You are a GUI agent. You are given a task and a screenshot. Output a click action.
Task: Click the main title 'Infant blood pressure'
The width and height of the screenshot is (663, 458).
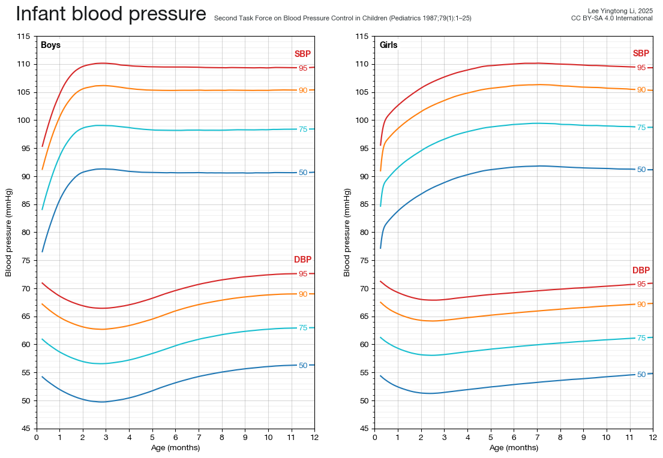(111, 14)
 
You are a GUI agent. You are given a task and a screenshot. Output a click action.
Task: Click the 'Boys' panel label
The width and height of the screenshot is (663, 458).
(50, 45)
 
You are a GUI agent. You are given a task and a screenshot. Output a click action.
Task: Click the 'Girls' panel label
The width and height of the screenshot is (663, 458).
(388, 45)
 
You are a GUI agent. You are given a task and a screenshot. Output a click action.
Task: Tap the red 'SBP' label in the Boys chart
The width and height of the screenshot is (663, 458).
(302, 54)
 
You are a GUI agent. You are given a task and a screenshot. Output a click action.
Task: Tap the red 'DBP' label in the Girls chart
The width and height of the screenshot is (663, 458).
(641, 270)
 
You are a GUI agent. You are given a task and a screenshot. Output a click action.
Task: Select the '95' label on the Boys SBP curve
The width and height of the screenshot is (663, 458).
(303, 68)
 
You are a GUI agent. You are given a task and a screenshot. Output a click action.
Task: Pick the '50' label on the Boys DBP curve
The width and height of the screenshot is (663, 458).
(303, 365)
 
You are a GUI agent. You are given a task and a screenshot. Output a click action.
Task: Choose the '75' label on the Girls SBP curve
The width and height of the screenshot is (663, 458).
(641, 128)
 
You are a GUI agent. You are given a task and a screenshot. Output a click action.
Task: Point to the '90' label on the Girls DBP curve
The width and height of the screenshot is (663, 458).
(641, 305)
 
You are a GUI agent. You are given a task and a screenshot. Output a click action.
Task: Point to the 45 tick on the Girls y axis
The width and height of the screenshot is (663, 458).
(365, 429)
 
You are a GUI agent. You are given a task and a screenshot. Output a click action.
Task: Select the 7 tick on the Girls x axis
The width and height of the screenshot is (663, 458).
(537, 438)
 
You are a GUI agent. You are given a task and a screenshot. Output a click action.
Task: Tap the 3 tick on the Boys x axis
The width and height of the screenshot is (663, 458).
(106, 438)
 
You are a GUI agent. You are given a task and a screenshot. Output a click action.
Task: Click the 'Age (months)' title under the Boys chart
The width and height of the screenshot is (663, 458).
(175, 448)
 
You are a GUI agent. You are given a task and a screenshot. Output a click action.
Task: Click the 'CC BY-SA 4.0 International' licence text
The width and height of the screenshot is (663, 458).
(611, 19)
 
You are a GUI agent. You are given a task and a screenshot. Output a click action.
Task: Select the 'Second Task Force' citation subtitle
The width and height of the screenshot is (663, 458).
(343, 19)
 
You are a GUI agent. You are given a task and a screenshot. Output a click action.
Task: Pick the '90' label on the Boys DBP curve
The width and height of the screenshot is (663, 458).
(303, 294)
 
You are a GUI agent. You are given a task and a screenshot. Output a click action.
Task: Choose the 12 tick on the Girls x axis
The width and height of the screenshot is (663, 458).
(653, 438)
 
